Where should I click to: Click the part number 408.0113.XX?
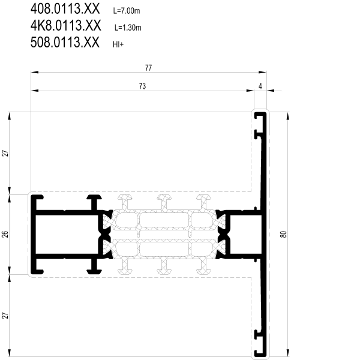click(65, 9)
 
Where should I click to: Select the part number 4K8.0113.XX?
click(65, 25)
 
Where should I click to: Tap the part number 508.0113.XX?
click(65, 42)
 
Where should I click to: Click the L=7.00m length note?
click(127, 11)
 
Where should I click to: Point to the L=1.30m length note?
click(128, 28)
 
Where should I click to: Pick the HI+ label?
click(118, 44)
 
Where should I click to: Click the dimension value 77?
click(149, 68)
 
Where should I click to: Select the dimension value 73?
click(142, 86)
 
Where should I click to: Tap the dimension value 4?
click(260, 86)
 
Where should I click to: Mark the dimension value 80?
click(284, 234)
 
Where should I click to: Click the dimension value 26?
click(5, 234)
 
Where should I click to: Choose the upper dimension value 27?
click(5, 153)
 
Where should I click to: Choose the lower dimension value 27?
click(5, 315)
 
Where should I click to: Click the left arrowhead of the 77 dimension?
click(34, 73)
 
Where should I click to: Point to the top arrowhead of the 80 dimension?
click(288, 116)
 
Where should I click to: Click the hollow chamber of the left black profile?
click(67, 234)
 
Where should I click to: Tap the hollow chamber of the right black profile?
click(245, 234)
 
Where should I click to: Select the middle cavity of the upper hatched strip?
click(164, 220)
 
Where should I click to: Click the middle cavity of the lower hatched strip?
click(164, 249)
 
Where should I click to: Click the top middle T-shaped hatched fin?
click(164, 202)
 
